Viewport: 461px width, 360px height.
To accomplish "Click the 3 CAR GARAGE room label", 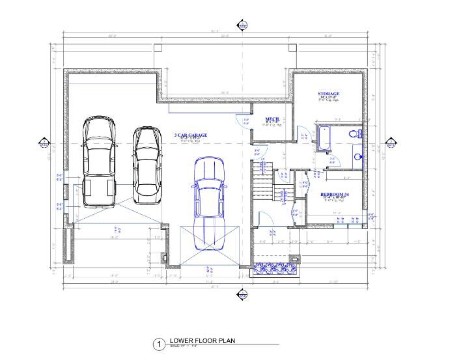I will [191, 136].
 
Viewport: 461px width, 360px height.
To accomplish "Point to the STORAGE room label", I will [329, 94].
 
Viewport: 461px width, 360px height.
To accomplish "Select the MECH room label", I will [272, 119].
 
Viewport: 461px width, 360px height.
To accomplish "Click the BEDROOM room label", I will [335, 195].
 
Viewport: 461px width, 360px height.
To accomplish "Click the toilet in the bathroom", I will [355, 134].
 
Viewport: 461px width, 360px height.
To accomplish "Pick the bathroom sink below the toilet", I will [357, 157].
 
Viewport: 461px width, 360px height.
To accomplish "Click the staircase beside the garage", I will [263, 183].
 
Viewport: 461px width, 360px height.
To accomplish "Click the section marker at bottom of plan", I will [243, 294].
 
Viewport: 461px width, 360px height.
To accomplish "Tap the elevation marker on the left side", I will [44, 143].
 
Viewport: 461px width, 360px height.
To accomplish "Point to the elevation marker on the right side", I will [392, 143].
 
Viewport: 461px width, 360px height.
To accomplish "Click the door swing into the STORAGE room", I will [303, 128].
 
